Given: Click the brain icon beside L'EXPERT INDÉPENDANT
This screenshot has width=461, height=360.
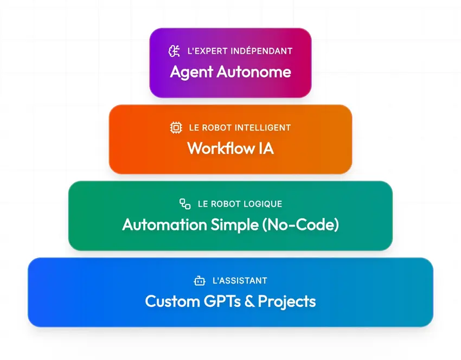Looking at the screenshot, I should pos(174,51).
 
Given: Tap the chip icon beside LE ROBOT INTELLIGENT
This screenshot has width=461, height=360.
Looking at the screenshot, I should pos(176,128).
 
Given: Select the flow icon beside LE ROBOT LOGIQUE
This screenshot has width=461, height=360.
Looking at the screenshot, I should pos(185,204).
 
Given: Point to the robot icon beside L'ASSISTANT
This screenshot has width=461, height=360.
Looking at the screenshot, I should pos(200,281).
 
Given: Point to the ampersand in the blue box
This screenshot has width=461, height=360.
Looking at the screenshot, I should pos(250,301).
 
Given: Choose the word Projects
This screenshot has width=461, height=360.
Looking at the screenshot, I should pos(287,301).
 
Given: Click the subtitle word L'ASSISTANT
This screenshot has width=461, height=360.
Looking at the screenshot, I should pos(240,281).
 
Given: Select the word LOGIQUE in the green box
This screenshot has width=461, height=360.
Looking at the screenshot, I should pos(261,204).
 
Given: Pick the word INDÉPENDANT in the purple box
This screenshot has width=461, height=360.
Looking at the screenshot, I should pos(259,51).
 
